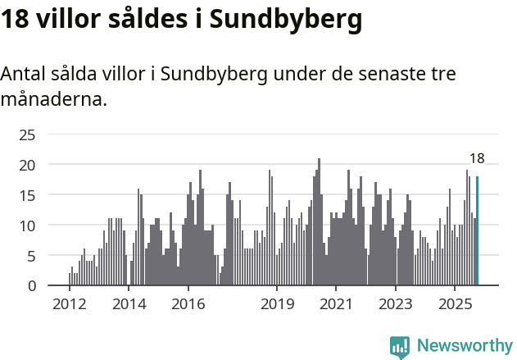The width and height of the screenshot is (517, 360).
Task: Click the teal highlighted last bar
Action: (x=477, y=231)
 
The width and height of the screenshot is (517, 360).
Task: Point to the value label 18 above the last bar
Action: (x=477, y=159)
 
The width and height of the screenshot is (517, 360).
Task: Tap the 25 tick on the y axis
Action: (x=27, y=134)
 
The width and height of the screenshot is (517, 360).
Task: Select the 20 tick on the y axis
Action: (x=27, y=165)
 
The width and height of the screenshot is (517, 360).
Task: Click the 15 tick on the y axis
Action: (x=27, y=195)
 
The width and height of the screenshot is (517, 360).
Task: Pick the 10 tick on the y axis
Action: (x=27, y=226)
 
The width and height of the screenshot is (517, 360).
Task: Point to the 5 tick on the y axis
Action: (x=31, y=256)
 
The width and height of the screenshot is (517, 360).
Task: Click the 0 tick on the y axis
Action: (x=31, y=286)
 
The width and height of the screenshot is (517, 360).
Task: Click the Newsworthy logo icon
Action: (x=400, y=347)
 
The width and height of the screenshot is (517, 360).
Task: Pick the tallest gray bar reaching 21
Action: (x=319, y=221)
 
